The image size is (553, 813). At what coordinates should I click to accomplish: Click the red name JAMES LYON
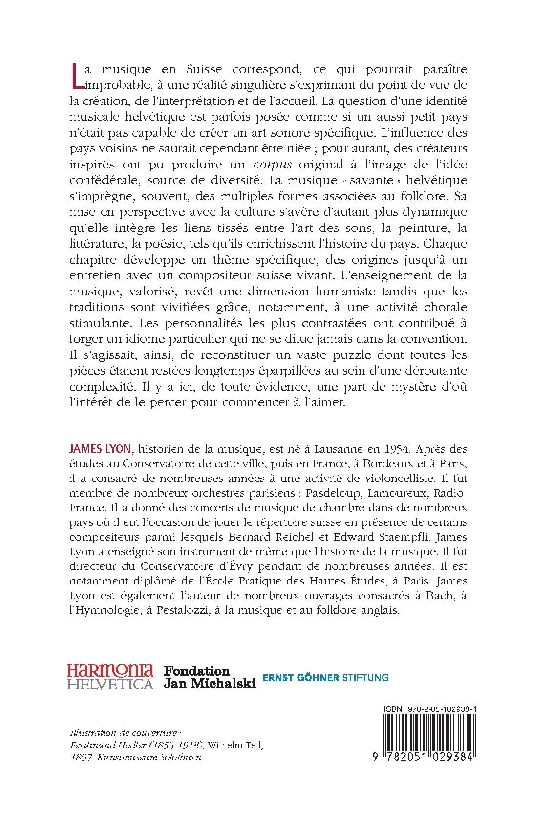tap(99, 448)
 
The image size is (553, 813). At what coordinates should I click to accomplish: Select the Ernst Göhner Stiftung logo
tap(325, 677)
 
